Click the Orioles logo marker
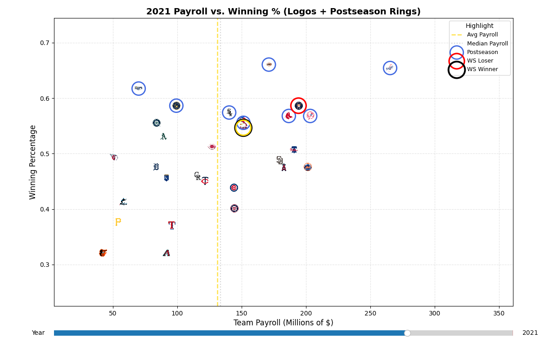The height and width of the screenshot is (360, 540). click(x=103, y=253)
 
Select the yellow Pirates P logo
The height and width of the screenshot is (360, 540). click(x=118, y=222)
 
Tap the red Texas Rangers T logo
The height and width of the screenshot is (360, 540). click(x=171, y=225)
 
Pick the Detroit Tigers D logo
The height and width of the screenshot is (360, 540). click(x=156, y=167)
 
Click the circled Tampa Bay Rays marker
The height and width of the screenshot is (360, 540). click(x=139, y=88)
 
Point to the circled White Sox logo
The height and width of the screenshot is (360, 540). click(x=229, y=112)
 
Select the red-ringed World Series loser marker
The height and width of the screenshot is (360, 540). click(x=298, y=106)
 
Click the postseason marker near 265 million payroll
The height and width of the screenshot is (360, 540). click(x=390, y=68)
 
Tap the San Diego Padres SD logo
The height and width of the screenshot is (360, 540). click(x=279, y=160)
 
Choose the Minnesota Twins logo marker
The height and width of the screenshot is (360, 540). click(x=205, y=180)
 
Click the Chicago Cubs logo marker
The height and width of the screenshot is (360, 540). click(x=234, y=188)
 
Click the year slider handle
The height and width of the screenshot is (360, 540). click(x=407, y=333)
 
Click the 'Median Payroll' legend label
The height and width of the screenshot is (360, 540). click(x=487, y=44)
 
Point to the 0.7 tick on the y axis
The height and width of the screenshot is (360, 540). click(x=47, y=43)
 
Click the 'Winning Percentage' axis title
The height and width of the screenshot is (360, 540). click(x=33, y=162)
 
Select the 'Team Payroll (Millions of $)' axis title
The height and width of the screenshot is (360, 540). click(x=283, y=323)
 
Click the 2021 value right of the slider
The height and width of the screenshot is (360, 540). click(x=530, y=333)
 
